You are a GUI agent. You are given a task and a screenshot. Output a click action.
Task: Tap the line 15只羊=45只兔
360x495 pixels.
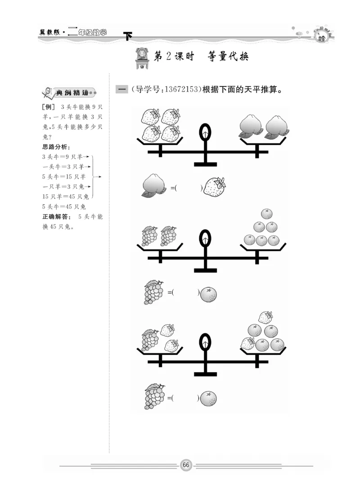tap(65, 196)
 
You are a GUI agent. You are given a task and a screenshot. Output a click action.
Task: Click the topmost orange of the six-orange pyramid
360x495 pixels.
tap(267, 214)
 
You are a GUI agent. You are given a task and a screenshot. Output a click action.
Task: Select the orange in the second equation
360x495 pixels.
tap(208, 294)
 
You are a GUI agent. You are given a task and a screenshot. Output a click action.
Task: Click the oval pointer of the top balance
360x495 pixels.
tap(205, 133)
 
